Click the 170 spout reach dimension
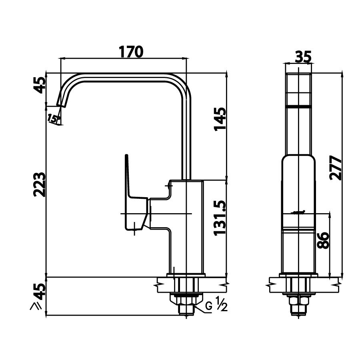click(x=130, y=52)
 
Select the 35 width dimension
click(x=303, y=57)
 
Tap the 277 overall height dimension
click(x=337, y=168)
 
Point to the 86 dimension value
click(x=324, y=240)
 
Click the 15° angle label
click(x=54, y=118)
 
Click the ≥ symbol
click(x=36, y=306)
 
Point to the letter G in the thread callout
click(x=208, y=306)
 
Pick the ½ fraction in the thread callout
click(x=222, y=305)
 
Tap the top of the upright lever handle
click(x=127, y=156)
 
